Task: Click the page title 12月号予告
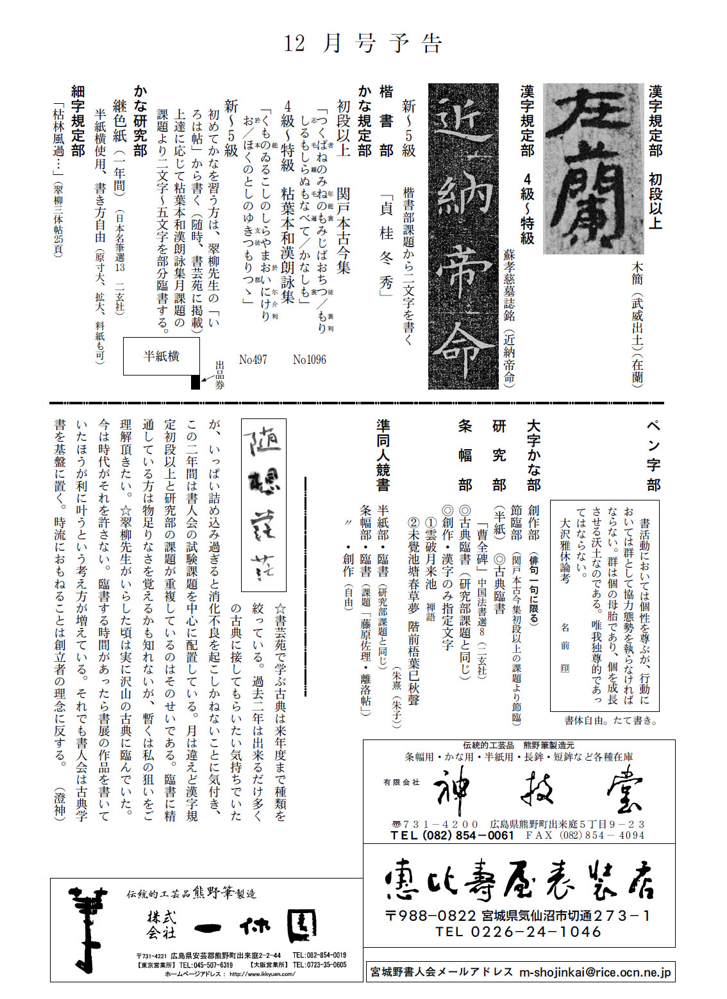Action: point(363,43)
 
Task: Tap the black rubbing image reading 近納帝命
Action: point(462,236)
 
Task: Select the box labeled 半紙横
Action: point(161,356)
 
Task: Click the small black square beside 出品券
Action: point(196,382)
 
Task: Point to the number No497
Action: point(253,360)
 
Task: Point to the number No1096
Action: point(309,360)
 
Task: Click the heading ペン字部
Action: point(653,456)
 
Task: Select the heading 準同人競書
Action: point(383,456)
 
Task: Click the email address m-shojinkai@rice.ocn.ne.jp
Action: point(595,971)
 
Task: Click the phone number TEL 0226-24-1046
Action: point(518,932)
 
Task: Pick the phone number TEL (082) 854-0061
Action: point(452,836)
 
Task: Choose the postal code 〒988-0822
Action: point(430,916)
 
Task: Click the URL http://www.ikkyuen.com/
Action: point(262,974)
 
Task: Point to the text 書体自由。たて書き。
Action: point(610,720)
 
